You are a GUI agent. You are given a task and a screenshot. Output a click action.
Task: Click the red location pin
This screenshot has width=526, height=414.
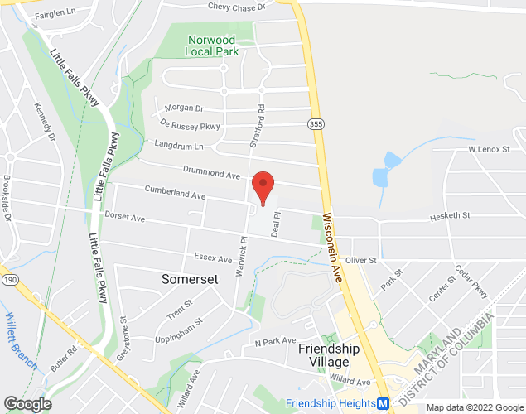point(263,187)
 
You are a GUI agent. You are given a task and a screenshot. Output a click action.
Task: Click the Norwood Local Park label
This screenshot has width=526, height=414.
point(212,46)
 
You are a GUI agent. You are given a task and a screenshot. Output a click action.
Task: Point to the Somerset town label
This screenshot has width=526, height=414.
point(191,279)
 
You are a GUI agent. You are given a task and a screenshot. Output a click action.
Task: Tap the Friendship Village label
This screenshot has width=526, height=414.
point(329,355)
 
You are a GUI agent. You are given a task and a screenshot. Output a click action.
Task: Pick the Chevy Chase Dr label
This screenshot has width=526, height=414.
point(236,7)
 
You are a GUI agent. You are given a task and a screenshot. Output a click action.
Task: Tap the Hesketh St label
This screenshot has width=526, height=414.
point(449,215)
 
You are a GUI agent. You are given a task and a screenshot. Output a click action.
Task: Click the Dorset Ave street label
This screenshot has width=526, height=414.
point(125,218)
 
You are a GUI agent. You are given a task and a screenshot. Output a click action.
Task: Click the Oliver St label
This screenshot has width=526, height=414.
point(360,260)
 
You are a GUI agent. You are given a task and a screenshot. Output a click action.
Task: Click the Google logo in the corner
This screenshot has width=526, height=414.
point(27,404)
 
